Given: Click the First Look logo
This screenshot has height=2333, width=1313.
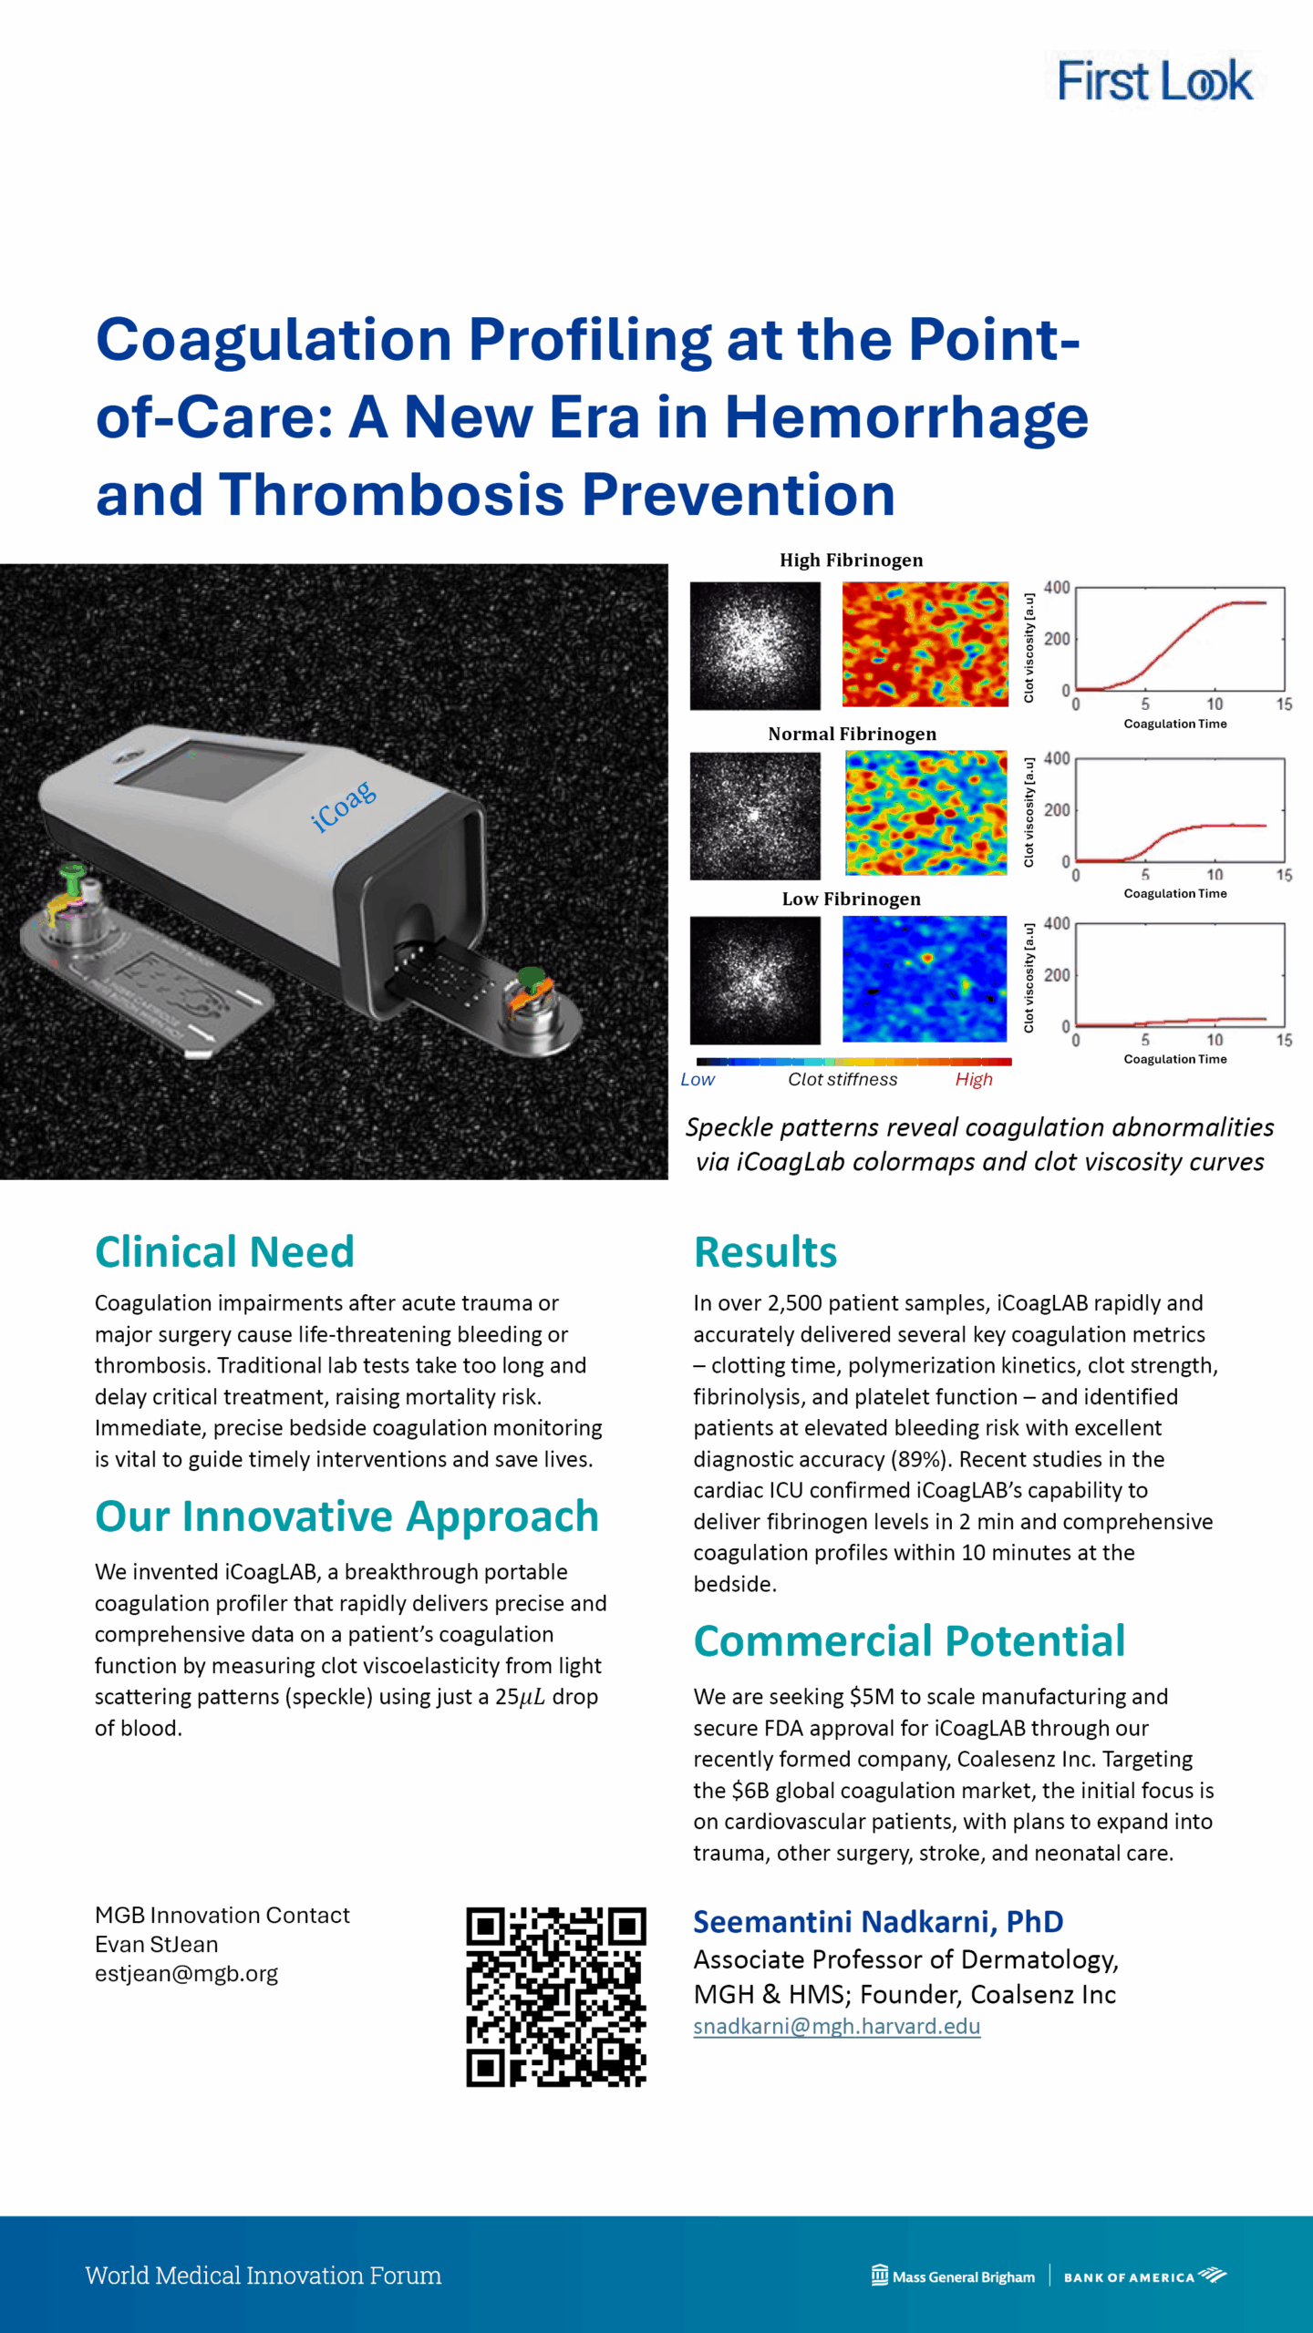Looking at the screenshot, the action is (x=1155, y=80).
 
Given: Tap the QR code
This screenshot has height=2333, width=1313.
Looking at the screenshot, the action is (x=556, y=1997).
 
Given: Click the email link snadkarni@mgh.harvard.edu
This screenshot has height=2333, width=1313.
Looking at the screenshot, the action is (x=836, y=2026).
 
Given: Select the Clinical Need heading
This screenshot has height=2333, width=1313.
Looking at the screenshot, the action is (x=224, y=1251).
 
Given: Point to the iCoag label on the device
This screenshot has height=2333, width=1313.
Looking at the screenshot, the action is (x=343, y=806).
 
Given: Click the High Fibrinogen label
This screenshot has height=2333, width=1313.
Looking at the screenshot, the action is (x=851, y=560).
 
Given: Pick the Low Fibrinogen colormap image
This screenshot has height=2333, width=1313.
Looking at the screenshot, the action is (x=925, y=979).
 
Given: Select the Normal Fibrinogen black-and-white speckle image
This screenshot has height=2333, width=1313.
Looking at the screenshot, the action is (x=755, y=816).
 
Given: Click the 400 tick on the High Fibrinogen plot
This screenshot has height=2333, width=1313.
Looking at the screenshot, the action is (x=1057, y=588).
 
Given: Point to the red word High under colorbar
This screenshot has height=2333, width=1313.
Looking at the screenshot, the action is (x=974, y=1079).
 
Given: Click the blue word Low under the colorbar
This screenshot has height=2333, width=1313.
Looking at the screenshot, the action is (x=698, y=1079).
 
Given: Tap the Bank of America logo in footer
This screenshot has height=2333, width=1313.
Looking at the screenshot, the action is (x=1145, y=2276).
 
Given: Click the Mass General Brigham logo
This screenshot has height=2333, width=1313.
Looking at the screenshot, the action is (x=953, y=2276).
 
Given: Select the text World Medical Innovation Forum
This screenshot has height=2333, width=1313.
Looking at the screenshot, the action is (x=264, y=2275).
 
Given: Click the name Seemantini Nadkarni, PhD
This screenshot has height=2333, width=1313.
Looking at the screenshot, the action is (x=878, y=1921).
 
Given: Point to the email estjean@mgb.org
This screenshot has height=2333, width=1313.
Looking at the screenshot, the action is (x=186, y=1973).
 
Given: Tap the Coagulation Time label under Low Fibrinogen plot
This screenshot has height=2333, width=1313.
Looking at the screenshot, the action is (x=1175, y=1059).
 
